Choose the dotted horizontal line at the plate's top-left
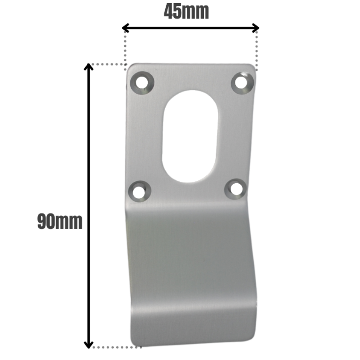tap(108, 64)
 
